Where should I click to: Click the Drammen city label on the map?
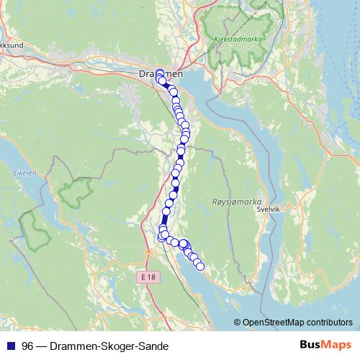click(x=160, y=73)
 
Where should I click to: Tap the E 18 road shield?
click(x=148, y=276)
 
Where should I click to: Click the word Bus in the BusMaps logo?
click(x=310, y=346)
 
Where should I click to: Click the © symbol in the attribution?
click(x=238, y=323)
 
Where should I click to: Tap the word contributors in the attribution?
click(x=328, y=323)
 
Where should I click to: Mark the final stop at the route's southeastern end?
click(x=200, y=267)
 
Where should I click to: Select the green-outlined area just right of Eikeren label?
click(x=76, y=191)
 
